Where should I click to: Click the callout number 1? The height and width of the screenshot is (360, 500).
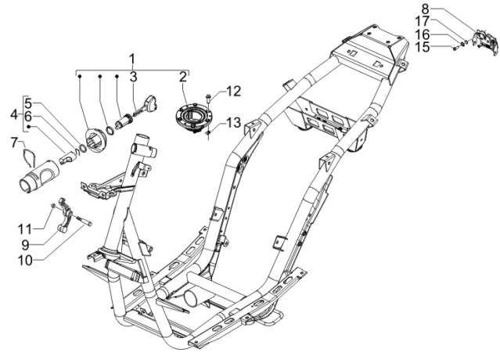click(x=132, y=59)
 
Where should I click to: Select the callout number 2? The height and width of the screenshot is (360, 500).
click(x=182, y=77)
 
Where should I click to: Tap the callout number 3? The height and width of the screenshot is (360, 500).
click(x=133, y=77)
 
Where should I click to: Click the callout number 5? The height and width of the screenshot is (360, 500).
click(x=27, y=103)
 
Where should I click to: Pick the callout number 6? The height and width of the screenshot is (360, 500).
click(x=27, y=116)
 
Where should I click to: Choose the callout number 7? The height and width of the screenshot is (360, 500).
click(x=13, y=142)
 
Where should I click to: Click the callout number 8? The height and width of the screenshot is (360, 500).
click(x=442, y=10)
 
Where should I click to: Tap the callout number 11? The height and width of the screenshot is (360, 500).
click(x=26, y=228)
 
